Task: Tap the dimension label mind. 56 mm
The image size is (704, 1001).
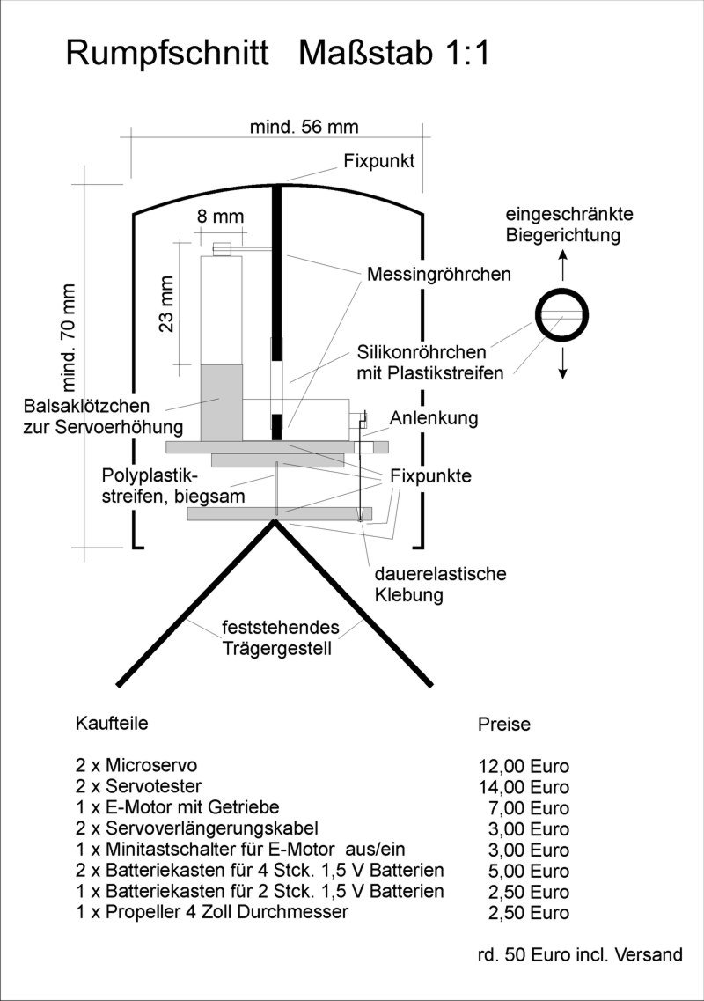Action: click(x=304, y=127)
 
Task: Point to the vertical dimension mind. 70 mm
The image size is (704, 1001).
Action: click(x=69, y=338)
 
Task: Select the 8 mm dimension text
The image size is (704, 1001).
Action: click(x=220, y=217)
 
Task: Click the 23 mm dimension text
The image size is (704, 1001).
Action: click(x=166, y=304)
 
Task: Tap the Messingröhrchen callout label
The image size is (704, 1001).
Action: click(x=438, y=274)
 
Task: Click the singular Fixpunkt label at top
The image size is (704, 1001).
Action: click(x=379, y=161)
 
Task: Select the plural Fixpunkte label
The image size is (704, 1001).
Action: click(x=430, y=475)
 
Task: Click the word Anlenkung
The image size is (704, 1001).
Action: click(x=434, y=419)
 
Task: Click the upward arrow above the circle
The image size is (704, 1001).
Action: click(x=562, y=265)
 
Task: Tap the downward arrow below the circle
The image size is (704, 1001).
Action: click(x=562, y=364)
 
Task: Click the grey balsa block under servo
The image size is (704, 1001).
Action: click(x=222, y=402)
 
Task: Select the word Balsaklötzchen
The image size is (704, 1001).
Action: click(x=86, y=406)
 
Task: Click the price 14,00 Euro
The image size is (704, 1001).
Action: click(x=524, y=787)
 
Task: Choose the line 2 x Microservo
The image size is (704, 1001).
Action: click(x=136, y=765)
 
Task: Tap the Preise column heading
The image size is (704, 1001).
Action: click(x=503, y=724)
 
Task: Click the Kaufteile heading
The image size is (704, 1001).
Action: click(x=112, y=723)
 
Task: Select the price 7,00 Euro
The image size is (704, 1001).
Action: click(x=529, y=808)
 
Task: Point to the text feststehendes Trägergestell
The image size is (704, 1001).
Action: click(x=280, y=637)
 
